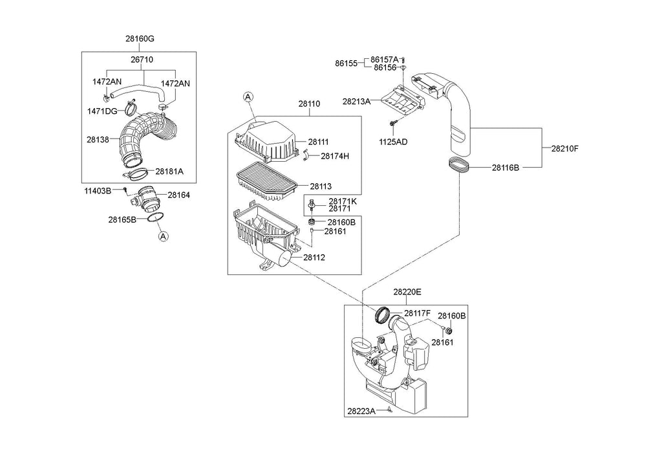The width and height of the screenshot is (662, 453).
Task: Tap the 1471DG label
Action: pyautogui.click(x=101, y=111)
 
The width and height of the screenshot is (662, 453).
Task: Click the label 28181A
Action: pyautogui.click(x=169, y=171)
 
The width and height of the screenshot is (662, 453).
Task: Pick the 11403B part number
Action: pyautogui.click(x=97, y=190)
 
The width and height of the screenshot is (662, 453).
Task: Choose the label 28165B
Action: pyautogui.click(x=122, y=219)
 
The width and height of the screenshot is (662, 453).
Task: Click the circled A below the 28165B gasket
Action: pyautogui.click(x=163, y=236)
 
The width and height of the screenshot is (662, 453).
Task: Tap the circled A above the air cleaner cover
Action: pyautogui.click(x=248, y=97)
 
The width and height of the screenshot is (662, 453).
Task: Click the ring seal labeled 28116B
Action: pyautogui.click(x=458, y=164)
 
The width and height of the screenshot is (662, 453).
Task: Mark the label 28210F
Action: pyautogui.click(x=564, y=148)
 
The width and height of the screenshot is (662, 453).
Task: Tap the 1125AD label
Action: pyautogui.click(x=394, y=141)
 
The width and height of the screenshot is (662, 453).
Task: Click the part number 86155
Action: pyautogui.click(x=346, y=63)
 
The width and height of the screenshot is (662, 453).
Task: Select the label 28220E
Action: pyautogui.click(x=407, y=293)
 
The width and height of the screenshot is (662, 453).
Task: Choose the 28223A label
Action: pyautogui.click(x=361, y=411)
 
